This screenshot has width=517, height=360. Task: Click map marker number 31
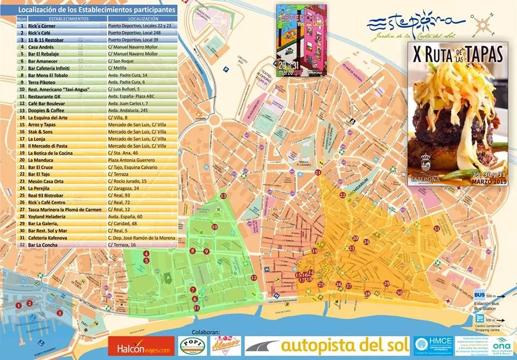click(x=436, y=229)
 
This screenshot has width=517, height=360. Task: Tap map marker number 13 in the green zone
click(x=223, y=196)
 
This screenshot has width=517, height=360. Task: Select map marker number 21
click(x=318, y=172)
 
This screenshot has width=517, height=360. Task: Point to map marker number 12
click(x=254, y=278)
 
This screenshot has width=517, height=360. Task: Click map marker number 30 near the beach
click(x=399, y=292)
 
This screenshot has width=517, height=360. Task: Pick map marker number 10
click(x=214, y=227)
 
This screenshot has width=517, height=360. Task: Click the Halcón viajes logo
click(x=142, y=346)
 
